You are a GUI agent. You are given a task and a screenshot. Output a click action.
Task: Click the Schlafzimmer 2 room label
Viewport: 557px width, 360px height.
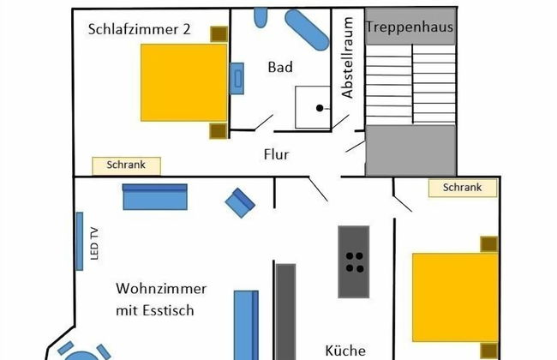pyautogui.click(x=139, y=29)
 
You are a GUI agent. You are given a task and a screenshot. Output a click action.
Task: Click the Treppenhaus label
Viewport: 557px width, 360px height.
pyautogui.click(x=409, y=27)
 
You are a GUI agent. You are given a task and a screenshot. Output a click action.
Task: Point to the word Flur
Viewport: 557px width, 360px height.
pyautogui.click(x=276, y=155)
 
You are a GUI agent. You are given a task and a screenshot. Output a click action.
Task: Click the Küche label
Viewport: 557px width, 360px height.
pyautogui.click(x=345, y=350)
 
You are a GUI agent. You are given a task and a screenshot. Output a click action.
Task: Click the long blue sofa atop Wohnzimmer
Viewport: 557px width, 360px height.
pyautogui.click(x=154, y=197)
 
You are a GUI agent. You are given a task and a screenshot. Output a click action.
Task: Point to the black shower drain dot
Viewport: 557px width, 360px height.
pyautogui.click(x=319, y=108)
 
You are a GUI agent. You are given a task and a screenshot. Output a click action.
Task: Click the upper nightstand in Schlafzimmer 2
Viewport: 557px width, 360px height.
pyautogui.click(x=219, y=34)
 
